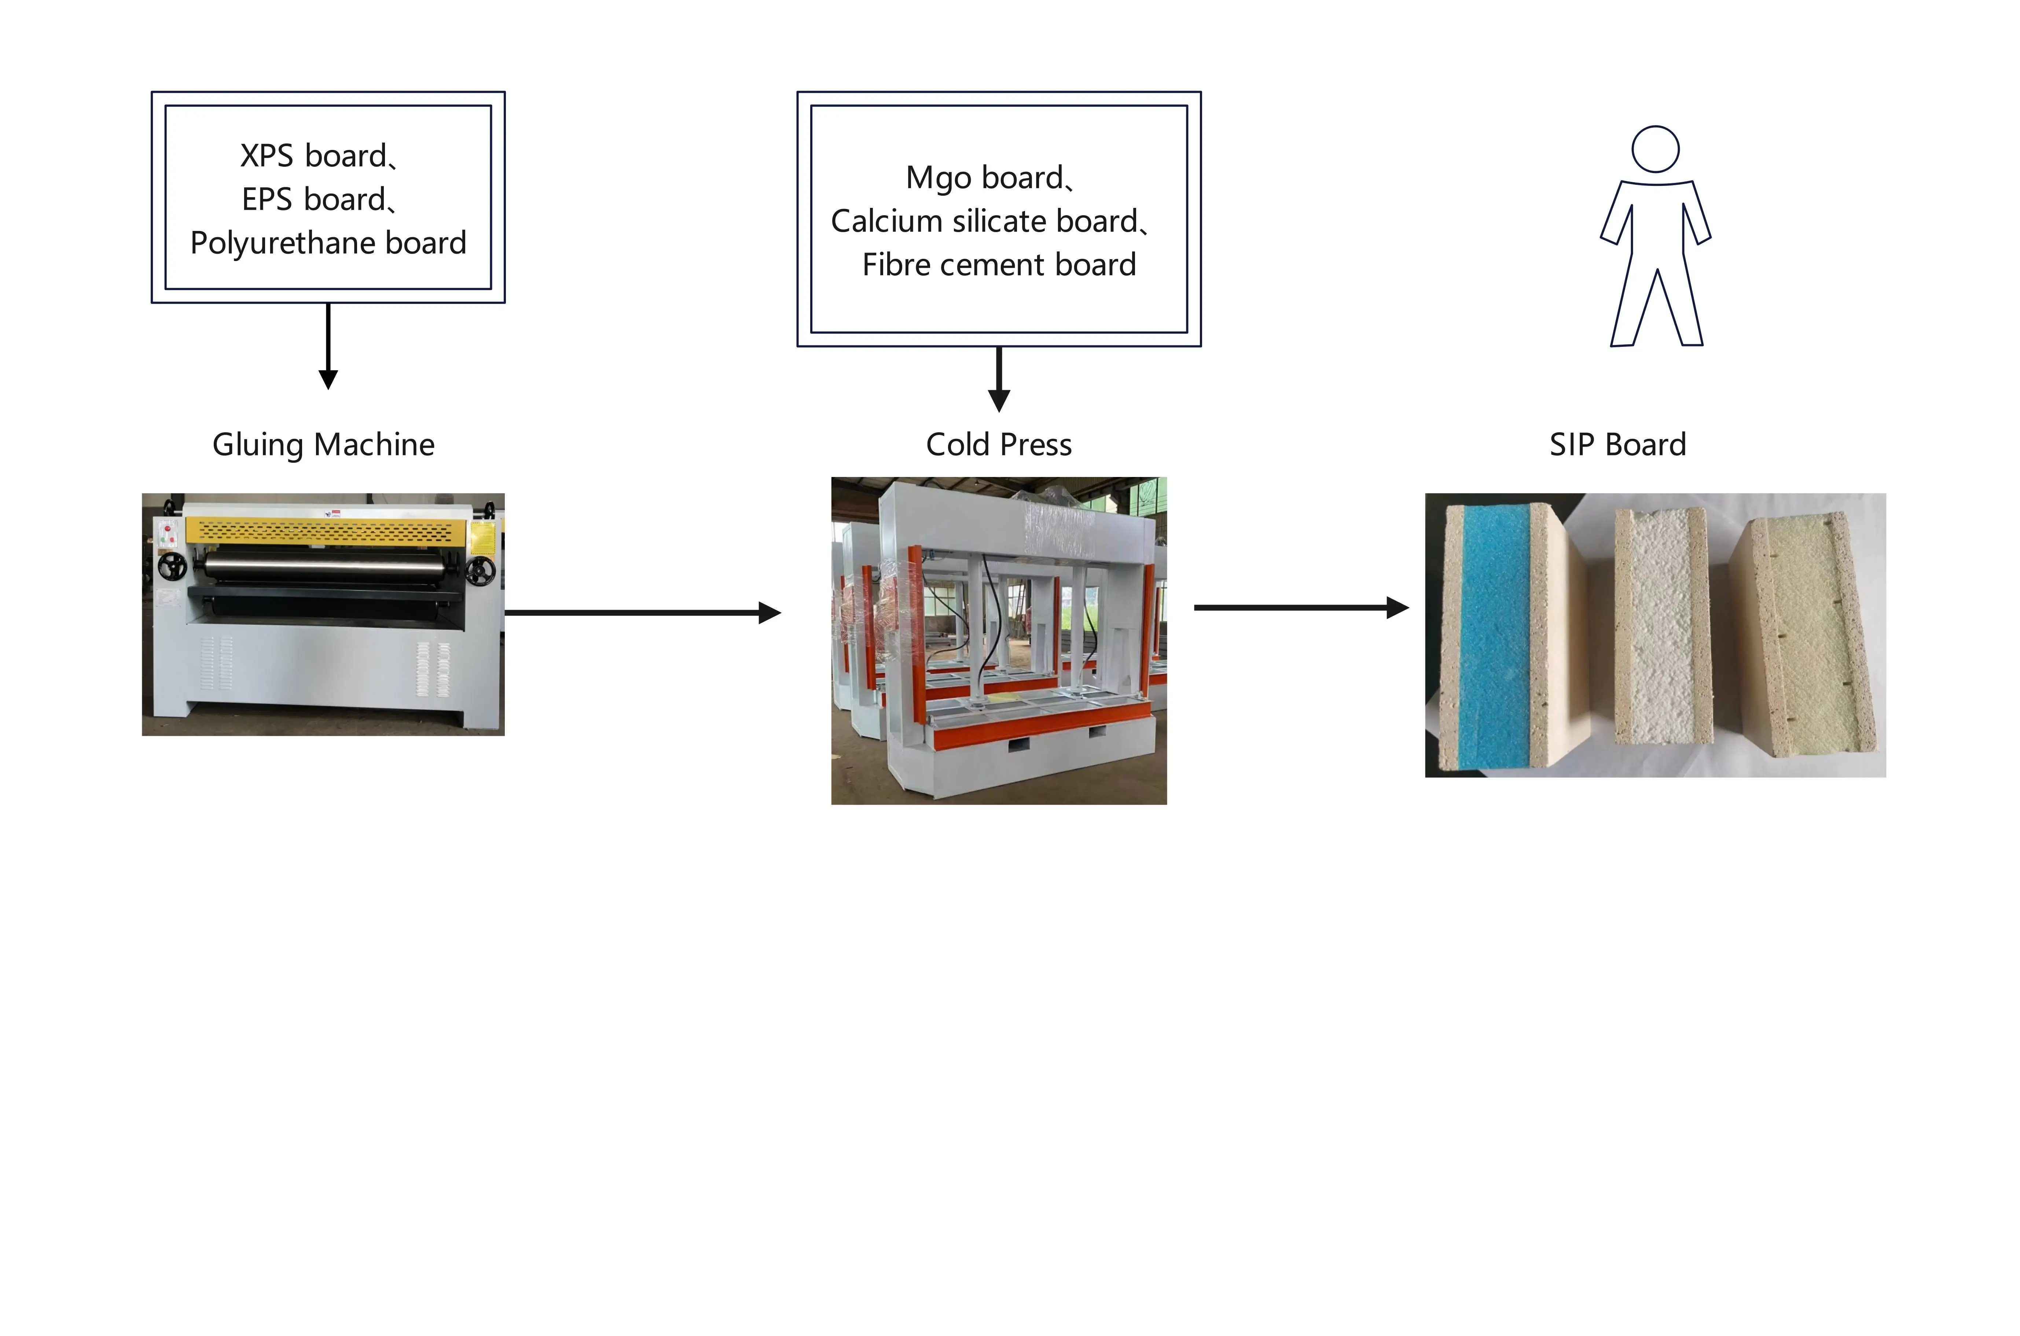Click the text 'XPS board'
[x=313, y=156]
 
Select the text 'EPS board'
[x=313, y=199]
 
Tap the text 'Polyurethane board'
[x=328, y=243]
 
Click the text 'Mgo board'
[x=984, y=178]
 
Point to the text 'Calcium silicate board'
[x=984, y=221]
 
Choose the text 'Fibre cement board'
[x=999, y=265]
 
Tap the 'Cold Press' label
[x=999, y=445]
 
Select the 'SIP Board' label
[x=1617, y=445]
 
